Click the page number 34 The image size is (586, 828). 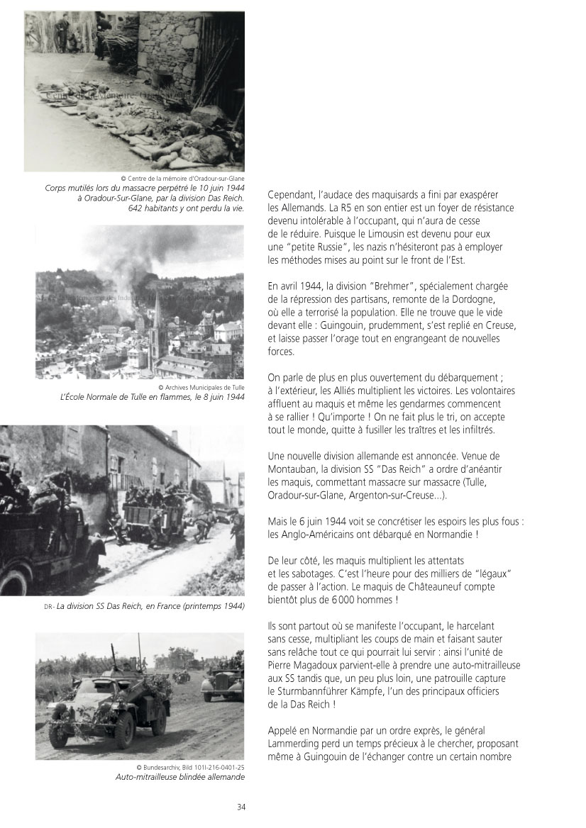click(x=241, y=806)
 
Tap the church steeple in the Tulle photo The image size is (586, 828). click(x=156, y=312)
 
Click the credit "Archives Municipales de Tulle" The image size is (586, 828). click(x=201, y=387)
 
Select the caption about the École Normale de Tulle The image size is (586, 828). click(x=153, y=397)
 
